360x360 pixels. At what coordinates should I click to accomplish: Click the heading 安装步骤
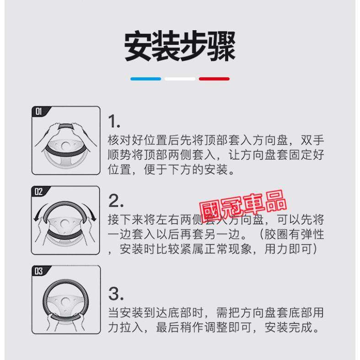(180, 46)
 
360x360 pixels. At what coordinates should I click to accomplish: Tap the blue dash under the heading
(145, 79)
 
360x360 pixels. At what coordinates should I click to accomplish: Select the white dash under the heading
(180, 79)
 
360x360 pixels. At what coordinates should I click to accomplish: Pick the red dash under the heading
(214, 79)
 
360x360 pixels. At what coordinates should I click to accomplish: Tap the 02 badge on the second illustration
(39, 191)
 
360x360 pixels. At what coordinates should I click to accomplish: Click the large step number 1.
(114, 121)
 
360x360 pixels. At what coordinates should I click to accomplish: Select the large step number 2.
(116, 201)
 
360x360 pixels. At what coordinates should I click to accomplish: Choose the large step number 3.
(116, 294)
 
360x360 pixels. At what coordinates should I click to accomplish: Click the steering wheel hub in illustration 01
(66, 145)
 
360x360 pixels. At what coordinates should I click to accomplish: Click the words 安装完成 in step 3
(289, 327)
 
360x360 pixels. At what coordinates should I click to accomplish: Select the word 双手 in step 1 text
(312, 140)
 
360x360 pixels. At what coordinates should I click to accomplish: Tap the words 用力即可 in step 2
(288, 249)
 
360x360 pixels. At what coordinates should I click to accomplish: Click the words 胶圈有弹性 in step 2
(294, 234)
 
